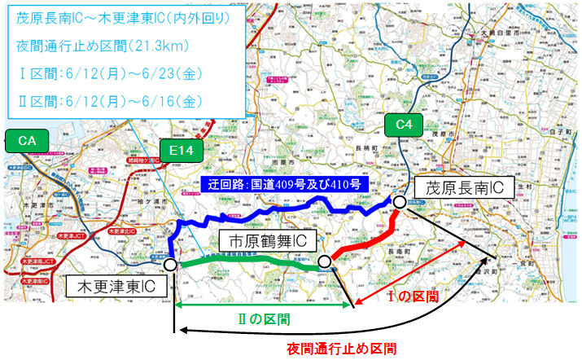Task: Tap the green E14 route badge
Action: point(180,151)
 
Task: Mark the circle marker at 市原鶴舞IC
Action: point(324,261)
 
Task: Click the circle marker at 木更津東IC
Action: point(169,264)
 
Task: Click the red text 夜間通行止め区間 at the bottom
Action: point(342,349)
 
